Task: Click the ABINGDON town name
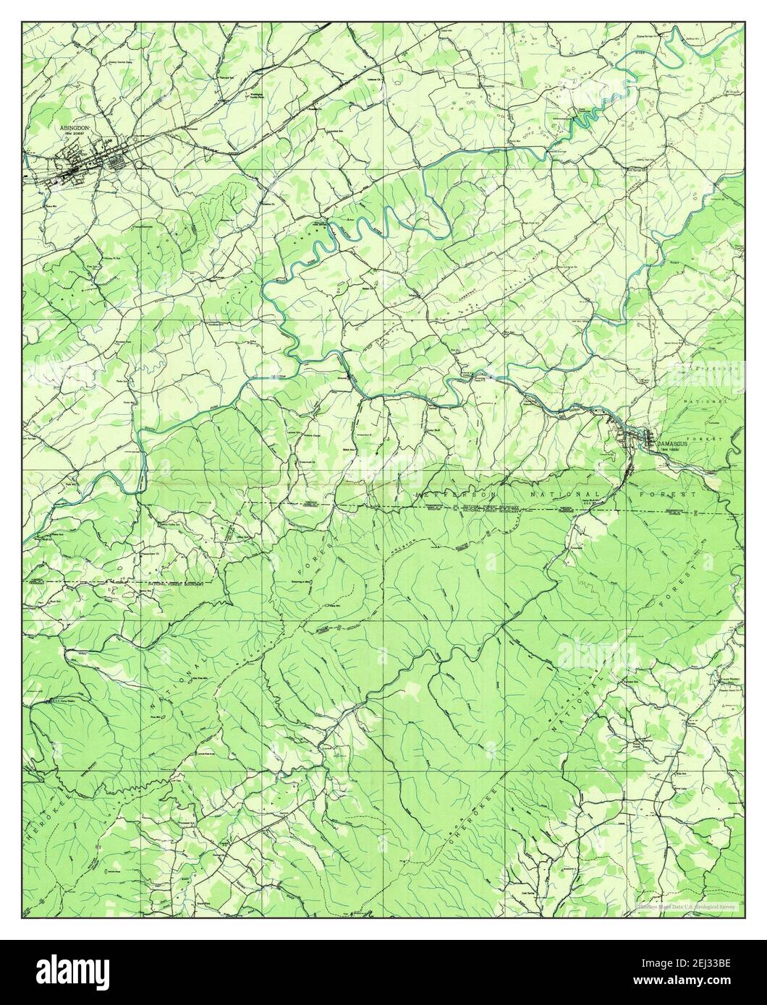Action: click(72, 127)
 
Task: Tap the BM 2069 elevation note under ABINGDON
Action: click(73, 134)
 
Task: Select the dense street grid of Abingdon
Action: click(83, 168)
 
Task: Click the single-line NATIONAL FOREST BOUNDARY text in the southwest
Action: click(176, 583)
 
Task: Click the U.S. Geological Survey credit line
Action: click(685, 904)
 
